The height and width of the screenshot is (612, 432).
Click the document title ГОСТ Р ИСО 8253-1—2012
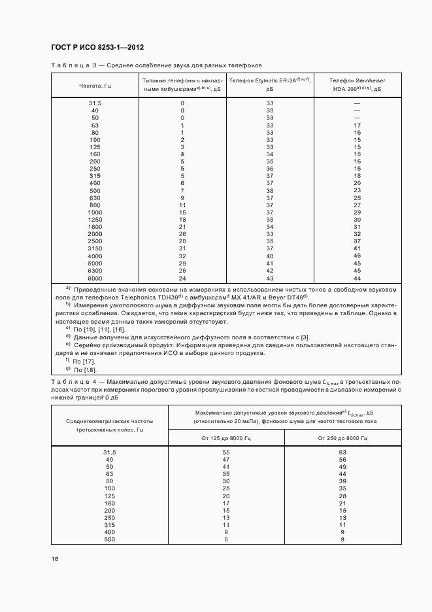(97, 48)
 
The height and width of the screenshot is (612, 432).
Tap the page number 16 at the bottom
(55, 559)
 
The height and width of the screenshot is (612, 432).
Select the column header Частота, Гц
(95, 86)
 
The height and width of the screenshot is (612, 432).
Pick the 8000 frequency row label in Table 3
(95, 279)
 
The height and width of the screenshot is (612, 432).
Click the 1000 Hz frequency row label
(95, 212)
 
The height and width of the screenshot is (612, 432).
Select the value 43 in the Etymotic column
(269, 279)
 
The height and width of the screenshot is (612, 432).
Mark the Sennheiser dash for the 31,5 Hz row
(357, 103)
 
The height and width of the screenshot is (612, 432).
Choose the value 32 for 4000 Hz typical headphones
(182, 256)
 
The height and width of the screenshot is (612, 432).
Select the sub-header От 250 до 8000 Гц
(342, 437)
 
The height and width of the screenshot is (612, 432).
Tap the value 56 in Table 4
(342, 460)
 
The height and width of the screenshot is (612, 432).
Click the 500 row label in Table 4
(109, 539)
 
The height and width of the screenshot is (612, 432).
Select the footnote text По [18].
(84, 370)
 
